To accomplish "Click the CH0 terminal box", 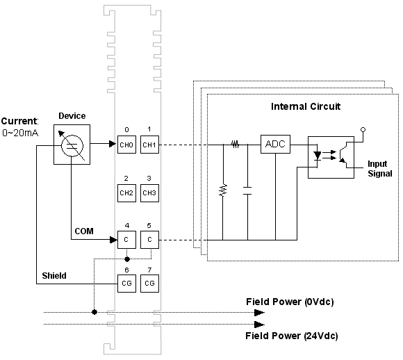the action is click(x=126, y=145).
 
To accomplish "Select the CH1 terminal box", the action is click(x=149, y=145).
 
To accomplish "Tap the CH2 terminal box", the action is click(x=126, y=193).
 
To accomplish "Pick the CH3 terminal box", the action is click(x=149, y=193).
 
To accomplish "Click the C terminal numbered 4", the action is click(x=126, y=240).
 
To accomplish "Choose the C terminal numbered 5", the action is click(x=149, y=240).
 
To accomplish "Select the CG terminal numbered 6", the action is click(x=126, y=284).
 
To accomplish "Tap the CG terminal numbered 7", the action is click(x=149, y=284).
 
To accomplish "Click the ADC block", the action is click(x=275, y=145).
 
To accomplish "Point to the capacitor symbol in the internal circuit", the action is click(x=247, y=191).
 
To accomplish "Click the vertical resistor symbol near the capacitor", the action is click(x=223, y=190).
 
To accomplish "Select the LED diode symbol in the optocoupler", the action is click(x=318, y=156).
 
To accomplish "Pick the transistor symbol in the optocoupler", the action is click(x=344, y=155).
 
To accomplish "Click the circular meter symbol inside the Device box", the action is click(x=72, y=145).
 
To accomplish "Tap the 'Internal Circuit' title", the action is click(x=306, y=106).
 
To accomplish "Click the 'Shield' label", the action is click(x=54, y=276).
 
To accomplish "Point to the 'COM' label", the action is click(x=84, y=231).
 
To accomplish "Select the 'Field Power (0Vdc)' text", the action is click(x=290, y=302).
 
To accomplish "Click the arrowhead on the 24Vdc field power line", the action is click(x=259, y=325).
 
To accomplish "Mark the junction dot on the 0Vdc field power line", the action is click(x=94, y=312).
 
